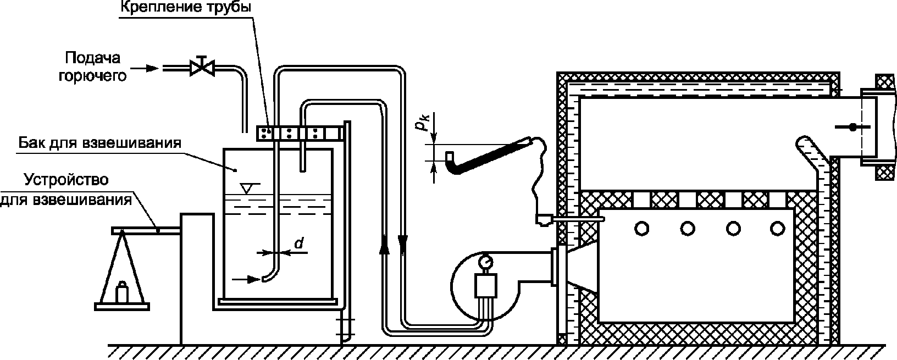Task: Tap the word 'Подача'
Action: click(93, 58)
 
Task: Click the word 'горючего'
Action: click(92, 76)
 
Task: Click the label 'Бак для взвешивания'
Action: click(99, 143)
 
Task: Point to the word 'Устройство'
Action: click(66, 180)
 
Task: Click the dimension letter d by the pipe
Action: click(299, 243)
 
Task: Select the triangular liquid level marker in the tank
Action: click(247, 188)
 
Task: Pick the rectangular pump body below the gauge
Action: click(485, 285)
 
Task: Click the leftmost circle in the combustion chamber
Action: click(641, 229)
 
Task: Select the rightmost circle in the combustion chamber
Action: click(778, 229)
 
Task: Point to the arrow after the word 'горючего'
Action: click(145, 69)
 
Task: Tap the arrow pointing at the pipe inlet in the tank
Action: click(247, 279)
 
